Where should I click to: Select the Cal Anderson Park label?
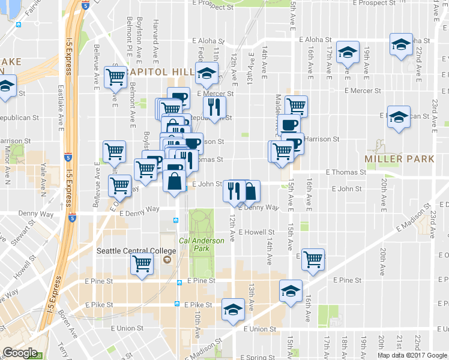click(201, 244)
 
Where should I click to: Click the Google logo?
click(20, 353)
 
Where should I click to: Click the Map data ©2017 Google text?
click(412, 355)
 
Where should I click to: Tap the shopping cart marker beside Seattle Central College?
click(142, 262)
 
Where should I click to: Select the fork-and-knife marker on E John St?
click(234, 190)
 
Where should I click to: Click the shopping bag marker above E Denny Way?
click(250, 190)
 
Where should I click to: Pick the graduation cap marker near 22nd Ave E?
click(401, 45)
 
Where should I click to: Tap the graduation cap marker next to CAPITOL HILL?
click(206, 74)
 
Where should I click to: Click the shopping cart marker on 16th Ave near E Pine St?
click(313, 259)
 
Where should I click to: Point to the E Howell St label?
click(256, 232)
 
